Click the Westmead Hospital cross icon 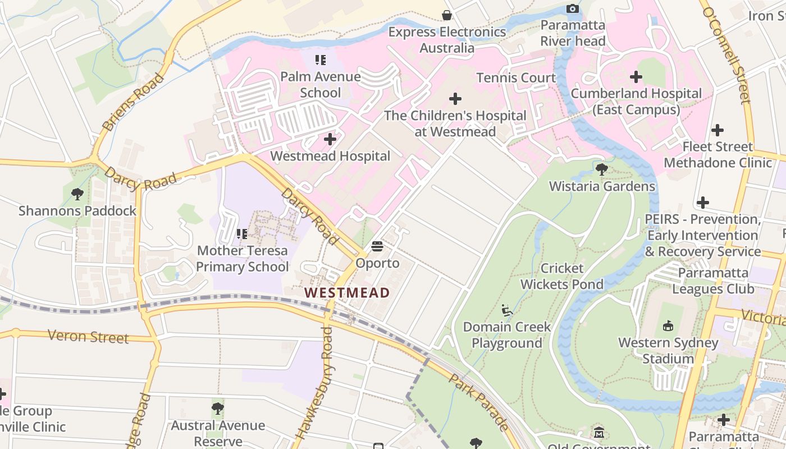pos(330,139)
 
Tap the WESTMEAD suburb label pos(347,292)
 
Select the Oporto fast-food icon pos(377,246)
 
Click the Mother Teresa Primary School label pos(242,259)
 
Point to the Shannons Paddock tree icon pos(77,194)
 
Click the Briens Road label pos(133,102)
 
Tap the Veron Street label pos(88,336)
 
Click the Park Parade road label pos(478,400)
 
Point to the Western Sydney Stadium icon pos(668,326)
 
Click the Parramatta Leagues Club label pos(713,281)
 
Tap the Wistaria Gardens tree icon pos(602,169)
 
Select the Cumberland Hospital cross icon pos(636,76)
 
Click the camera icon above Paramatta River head pos(573,8)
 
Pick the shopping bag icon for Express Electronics pos(447,15)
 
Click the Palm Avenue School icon pos(320,59)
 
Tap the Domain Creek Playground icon pos(507,310)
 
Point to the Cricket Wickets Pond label pos(561,276)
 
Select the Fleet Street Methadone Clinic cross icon pos(717,130)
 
